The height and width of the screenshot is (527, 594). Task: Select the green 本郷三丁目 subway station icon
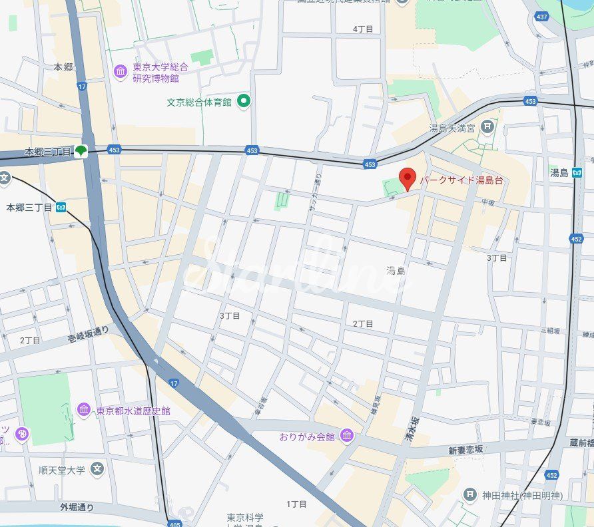point(81,151)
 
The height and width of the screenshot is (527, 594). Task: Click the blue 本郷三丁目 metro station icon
point(61,208)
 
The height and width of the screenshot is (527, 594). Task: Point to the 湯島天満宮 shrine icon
point(487,126)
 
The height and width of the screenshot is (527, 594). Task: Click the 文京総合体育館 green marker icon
point(244,101)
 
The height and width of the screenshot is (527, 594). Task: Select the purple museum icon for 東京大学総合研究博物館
point(121,72)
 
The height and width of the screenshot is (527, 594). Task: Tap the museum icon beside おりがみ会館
point(347,437)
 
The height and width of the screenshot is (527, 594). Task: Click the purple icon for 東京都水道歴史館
point(84,410)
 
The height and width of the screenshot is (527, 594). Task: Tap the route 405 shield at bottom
point(174,524)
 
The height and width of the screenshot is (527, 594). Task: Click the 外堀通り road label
point(77,507)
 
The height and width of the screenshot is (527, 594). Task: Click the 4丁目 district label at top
point(363,29)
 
